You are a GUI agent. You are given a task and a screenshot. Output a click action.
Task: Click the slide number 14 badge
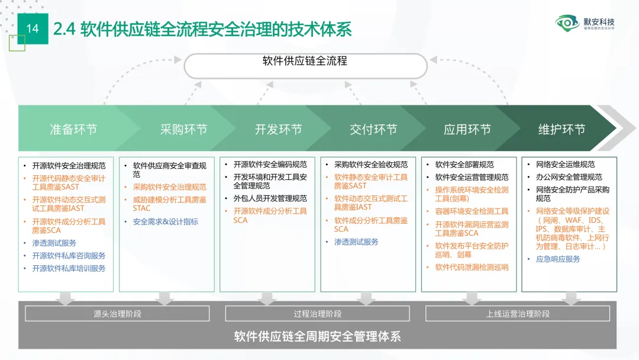point(33,28)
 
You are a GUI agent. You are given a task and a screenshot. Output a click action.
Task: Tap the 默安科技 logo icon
point(567,24)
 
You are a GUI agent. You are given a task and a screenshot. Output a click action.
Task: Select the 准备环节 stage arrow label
point(73,130)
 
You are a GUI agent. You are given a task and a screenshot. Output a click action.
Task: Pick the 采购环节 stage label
point(183,130)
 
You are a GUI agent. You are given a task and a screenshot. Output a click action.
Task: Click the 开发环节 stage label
point(278,130)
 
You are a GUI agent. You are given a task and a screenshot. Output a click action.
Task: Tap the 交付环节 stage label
point(373,130)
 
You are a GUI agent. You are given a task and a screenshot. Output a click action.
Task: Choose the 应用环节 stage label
point(467,130)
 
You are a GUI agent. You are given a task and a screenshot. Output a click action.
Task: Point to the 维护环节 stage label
point(561,130)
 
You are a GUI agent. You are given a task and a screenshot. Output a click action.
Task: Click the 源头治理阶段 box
point(117,314)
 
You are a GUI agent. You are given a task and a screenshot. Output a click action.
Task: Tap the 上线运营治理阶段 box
point(518,314)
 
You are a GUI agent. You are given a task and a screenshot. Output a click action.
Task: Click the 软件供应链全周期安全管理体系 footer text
point(318,337)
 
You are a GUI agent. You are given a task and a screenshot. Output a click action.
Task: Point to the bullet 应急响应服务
point(558,259)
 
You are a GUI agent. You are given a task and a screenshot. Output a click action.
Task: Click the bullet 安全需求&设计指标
point(165,222)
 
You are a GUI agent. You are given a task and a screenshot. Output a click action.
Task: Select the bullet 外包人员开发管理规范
point(270,198)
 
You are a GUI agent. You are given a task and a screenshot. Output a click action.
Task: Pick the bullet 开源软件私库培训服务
point(69,268)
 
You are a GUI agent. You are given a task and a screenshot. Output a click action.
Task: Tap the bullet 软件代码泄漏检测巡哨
point(472,267)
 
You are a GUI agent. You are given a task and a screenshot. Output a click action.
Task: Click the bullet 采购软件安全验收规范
point(371,165)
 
